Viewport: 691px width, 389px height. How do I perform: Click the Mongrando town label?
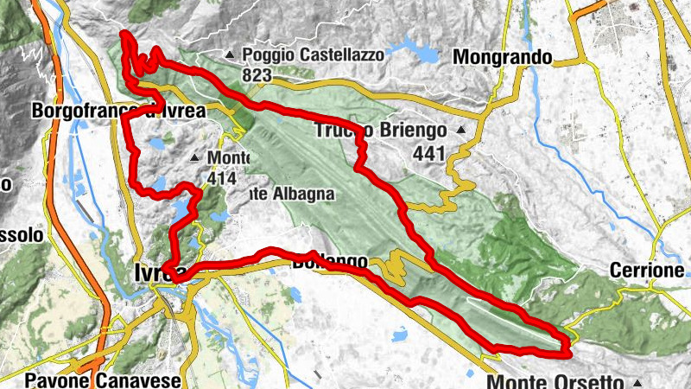point(503,57)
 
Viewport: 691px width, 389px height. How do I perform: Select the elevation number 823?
point(257,75)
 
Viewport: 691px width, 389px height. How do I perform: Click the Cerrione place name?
point(659,271)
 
